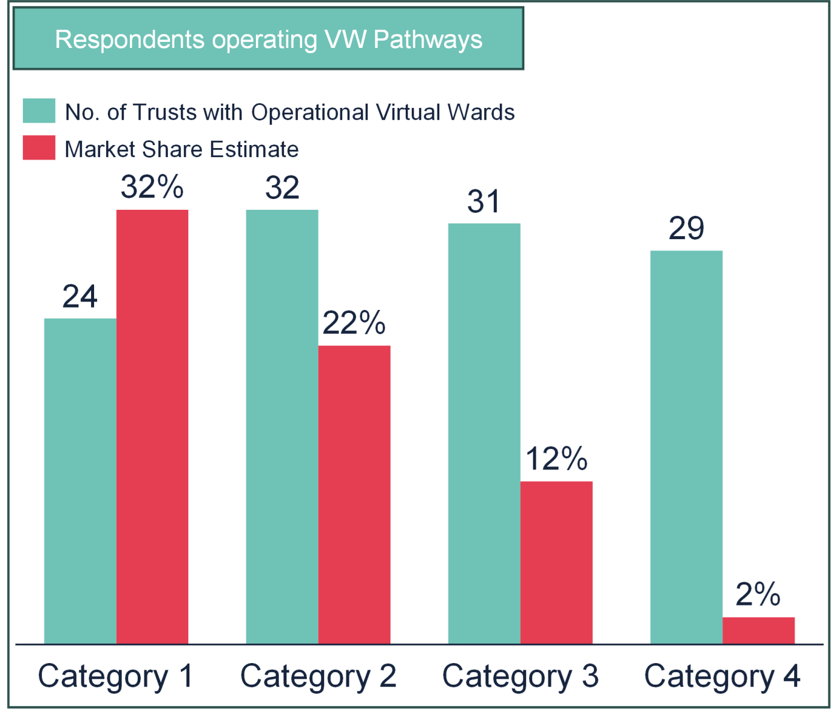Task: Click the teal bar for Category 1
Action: point(80,480)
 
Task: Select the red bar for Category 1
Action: point(152,426)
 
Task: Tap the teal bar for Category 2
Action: point(282,426)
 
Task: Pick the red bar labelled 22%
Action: point(355,494)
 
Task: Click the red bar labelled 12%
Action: point(557,562)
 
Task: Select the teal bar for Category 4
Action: point(687,447)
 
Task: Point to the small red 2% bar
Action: point(759,630)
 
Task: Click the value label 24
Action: point(80,297)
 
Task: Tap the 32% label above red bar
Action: point(152,187)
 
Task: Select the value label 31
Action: point(484,201)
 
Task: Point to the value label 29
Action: point(687,228)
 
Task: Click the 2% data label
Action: point(758,594)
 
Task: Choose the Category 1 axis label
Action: point(116,677)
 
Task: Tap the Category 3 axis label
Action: point(520,677)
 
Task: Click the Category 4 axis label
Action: point(722,677)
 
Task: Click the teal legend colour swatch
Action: point(40,112)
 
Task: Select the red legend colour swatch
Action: point(40,148)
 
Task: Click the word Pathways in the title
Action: point(428,40)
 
